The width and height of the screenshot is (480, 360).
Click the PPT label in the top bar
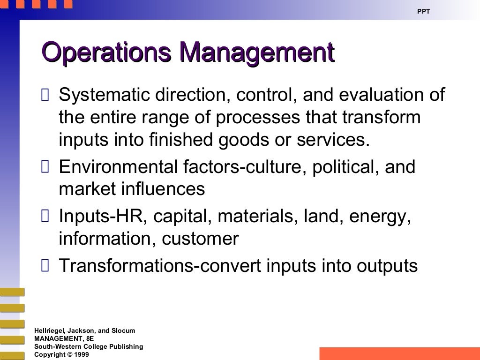pyautogui.click(x=423, y=11)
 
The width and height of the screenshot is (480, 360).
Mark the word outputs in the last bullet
pyautogui.click(x=387, y=266)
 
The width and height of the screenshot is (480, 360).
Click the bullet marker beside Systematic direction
pyautogui.click(x=45, y=96)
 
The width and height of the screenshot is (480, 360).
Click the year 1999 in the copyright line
pyautogui.click(x=82, y=355)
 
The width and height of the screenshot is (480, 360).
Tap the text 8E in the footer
pyautogui.click(x=87, y=338)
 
